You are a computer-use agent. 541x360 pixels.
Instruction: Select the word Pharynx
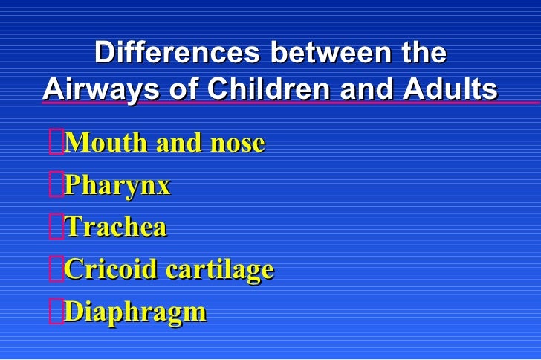(117, 186)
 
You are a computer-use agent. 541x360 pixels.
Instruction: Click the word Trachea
(116, 227)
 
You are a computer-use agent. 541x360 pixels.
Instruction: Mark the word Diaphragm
(135, 312)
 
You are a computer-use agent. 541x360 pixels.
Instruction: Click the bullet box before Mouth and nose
(56, 142)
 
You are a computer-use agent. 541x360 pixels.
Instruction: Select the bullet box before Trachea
(56, 227)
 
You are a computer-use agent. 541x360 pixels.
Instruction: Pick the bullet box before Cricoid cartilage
(56, 269)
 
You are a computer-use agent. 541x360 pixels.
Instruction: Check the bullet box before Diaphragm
(56, 311)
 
